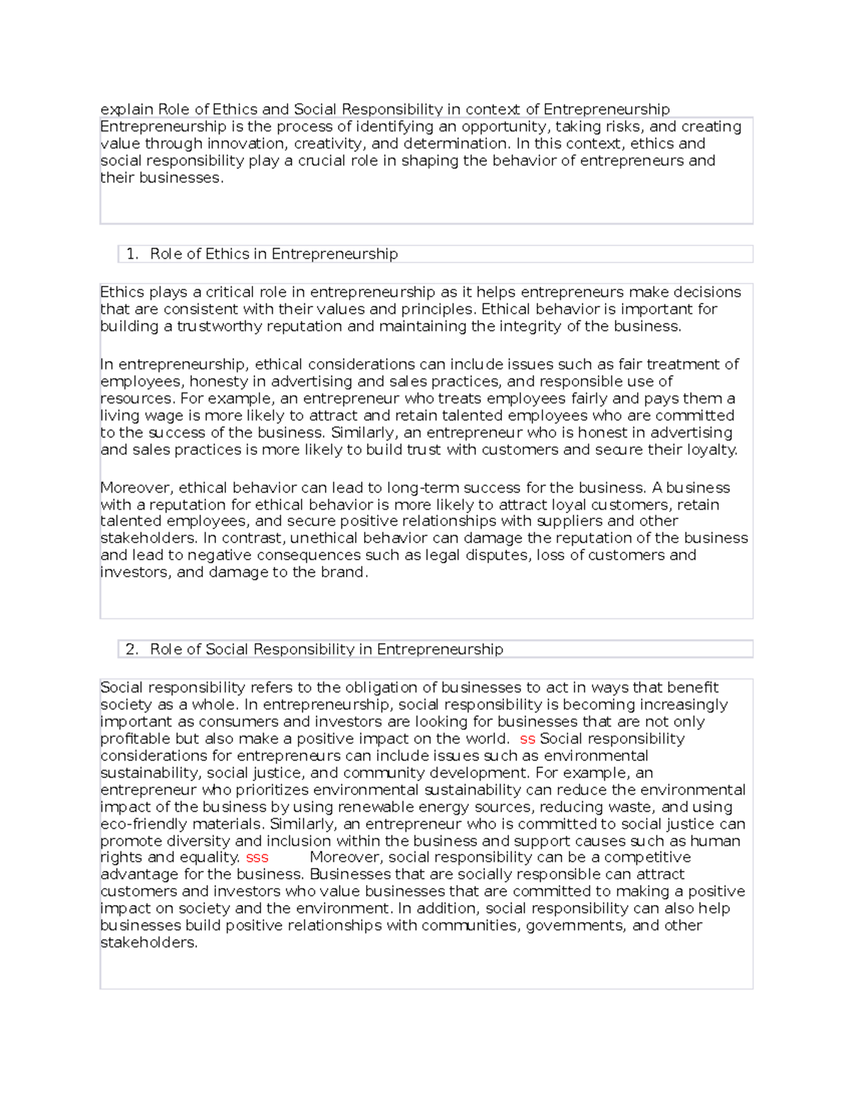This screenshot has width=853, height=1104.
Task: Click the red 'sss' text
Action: [257, 857]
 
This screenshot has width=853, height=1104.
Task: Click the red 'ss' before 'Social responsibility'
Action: [527, 739]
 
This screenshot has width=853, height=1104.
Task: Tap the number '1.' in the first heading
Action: [132, 254]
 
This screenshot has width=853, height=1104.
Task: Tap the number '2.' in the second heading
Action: [132, 649]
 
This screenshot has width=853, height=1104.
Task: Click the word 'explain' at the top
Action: [127, 109]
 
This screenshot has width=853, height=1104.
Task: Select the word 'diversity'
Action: [198, 841]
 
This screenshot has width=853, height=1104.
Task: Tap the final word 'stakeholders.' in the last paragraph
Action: [149, 943]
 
